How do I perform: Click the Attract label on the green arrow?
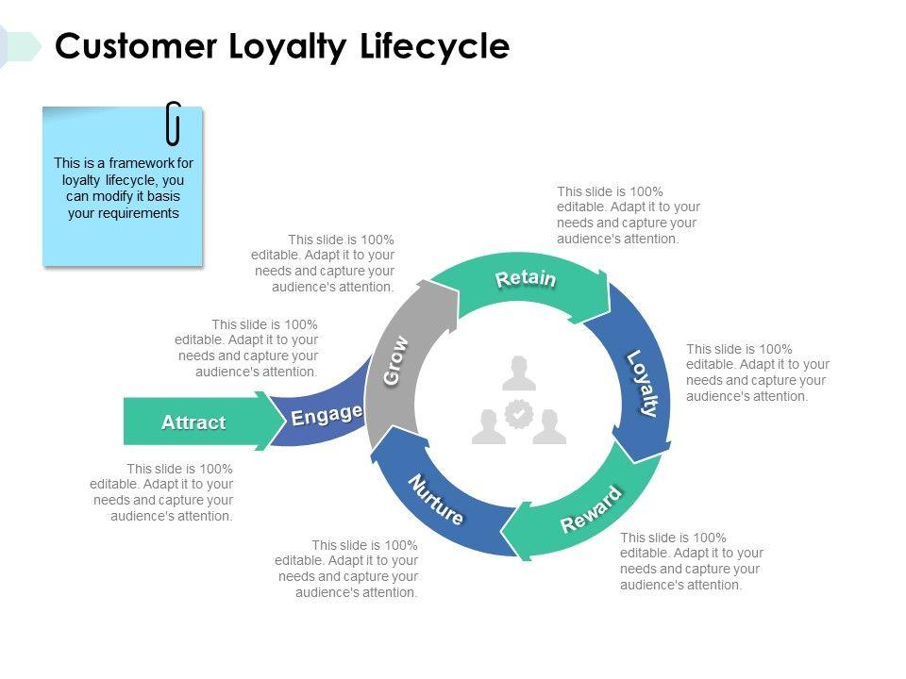[193, 422]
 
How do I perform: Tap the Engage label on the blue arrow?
[327, 415]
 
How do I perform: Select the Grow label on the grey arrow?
[395, 360]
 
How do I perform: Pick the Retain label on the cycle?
[526, 278]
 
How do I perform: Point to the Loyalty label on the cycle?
[643, 383]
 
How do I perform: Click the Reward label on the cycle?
[591, 508]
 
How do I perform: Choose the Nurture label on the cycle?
[436, 500]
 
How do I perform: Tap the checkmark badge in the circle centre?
[519, 413]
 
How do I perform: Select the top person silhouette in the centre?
[519, 373]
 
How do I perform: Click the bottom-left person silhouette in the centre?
[488, 426]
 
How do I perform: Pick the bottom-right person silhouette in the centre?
[549, 426]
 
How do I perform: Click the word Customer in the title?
[136, 46]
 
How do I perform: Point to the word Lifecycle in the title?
[435, 47]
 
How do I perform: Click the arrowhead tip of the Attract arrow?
[287, 421]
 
